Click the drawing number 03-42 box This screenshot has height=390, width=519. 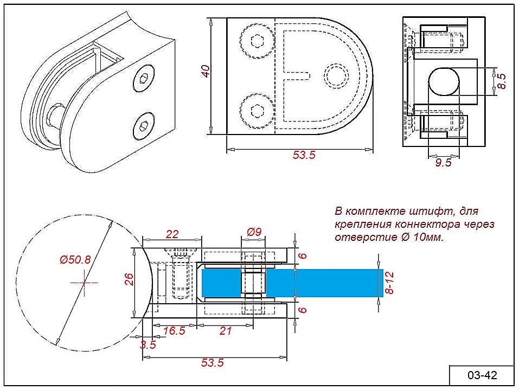[482, 375]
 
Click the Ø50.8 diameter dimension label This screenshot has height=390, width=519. [75, 260]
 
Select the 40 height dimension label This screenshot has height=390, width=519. [206, 72]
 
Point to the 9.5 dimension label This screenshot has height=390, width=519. [443, 163]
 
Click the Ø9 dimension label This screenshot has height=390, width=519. [254, 232]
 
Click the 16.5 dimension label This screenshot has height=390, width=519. [174, 331]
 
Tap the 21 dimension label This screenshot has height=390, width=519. [225, 331]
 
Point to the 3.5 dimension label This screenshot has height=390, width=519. [148, 344]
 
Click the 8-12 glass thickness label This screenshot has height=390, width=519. [389, 283]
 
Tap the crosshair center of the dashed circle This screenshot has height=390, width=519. [84, 283]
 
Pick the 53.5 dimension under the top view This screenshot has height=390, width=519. [304, 155]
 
